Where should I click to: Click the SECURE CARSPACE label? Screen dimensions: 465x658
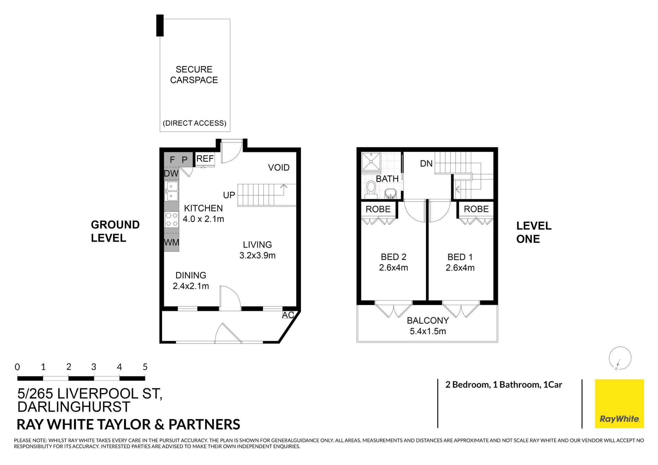point(194,75)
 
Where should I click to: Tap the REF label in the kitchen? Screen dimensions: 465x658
point(205,159)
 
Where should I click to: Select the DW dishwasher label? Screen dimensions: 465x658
point(171,174)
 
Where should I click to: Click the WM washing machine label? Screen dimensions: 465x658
point(171,242)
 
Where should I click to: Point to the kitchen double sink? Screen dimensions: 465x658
point(172,191)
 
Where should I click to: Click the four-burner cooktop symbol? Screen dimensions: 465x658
point(172,219)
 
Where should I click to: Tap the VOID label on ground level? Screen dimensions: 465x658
point(279,167)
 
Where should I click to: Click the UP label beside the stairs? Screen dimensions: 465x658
point(229,195)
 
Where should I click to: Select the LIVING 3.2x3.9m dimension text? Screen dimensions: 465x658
point(257,255)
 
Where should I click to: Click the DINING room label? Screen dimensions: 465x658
point(191,275)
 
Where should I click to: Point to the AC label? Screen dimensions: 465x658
point(288,315)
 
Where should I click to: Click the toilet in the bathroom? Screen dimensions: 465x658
point(371,189)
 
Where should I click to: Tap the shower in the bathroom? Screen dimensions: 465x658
point(371,162)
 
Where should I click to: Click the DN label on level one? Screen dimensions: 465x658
point(426,164)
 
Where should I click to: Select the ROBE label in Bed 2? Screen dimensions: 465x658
point(378,209)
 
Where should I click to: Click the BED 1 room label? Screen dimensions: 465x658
point(460,257)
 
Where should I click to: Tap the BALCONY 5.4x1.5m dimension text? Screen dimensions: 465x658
point(428,331)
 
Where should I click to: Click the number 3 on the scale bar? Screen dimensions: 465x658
point(94,367)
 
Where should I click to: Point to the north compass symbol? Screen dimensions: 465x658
point(620,358)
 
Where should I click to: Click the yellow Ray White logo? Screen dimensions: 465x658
point(619,403)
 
